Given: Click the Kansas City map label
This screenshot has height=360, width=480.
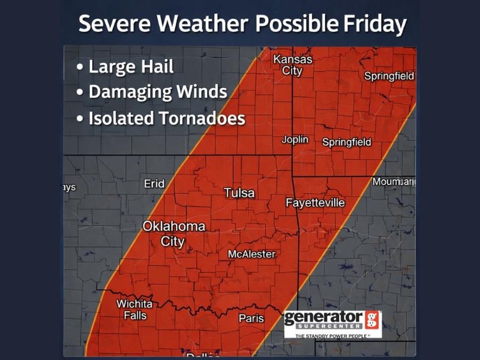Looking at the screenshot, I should click(293, 65).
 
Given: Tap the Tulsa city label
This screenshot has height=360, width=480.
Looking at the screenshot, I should click(239, 193).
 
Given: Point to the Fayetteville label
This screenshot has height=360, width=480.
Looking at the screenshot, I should click(315, 203).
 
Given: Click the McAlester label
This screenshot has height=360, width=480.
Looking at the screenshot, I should click(252, 254).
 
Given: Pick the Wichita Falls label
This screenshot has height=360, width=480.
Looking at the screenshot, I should click(134, 310).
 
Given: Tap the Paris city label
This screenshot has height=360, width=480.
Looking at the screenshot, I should click(251, 318).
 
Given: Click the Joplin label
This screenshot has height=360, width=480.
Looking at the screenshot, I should click(295, 140).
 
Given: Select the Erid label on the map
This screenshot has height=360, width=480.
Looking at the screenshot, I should click(154, 184).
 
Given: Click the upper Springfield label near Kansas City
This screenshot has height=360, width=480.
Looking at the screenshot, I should click(389, 76).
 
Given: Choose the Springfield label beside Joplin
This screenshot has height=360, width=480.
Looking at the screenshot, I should click(347, 142).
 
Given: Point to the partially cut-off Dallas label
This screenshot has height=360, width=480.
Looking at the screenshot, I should click(202, 355).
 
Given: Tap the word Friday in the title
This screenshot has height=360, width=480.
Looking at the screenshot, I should click(374, 24).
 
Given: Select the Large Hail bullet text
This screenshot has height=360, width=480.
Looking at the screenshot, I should click(131, 66).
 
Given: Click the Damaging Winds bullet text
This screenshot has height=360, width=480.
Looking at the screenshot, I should click(157, 92).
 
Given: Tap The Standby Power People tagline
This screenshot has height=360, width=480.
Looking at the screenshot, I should click(331, 336).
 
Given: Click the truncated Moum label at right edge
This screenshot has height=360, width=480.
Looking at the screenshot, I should click(394, 181).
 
